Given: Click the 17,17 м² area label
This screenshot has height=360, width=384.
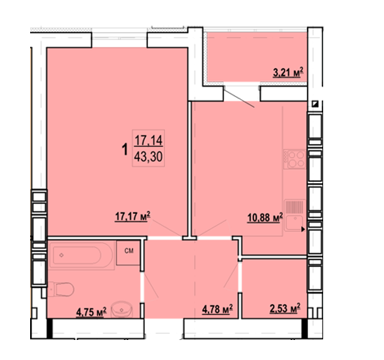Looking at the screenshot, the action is (132, 216).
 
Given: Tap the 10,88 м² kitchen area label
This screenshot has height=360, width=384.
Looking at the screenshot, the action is (265, 218).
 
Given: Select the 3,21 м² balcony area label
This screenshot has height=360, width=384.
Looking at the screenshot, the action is (288, 73).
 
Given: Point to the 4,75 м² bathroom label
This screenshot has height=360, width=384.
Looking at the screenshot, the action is (92, 312).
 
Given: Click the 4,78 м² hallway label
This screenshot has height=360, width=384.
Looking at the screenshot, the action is (217, 309).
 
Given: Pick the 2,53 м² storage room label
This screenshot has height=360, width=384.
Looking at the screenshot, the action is (285, 308).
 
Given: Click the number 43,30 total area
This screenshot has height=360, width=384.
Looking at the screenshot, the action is (148, 157).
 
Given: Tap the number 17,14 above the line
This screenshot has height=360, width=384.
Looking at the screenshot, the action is (149, 140).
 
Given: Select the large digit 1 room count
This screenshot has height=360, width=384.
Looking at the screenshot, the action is (125, 149).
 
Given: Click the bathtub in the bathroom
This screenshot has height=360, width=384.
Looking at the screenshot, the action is (82, 255).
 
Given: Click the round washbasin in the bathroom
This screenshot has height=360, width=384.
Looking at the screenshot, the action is (122, 309).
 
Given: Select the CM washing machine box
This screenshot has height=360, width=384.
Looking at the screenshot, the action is (129, 253).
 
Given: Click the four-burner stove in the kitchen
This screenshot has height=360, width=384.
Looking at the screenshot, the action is (295, 159).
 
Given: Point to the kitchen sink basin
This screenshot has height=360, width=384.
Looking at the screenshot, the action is (294, 223).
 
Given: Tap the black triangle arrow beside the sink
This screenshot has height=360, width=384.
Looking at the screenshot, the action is (303, 230).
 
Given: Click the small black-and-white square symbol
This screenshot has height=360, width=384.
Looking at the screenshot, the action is (315, 104).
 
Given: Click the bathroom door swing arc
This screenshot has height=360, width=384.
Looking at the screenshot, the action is (150, 285).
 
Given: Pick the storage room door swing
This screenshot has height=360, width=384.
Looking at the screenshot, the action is (231, 275).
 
